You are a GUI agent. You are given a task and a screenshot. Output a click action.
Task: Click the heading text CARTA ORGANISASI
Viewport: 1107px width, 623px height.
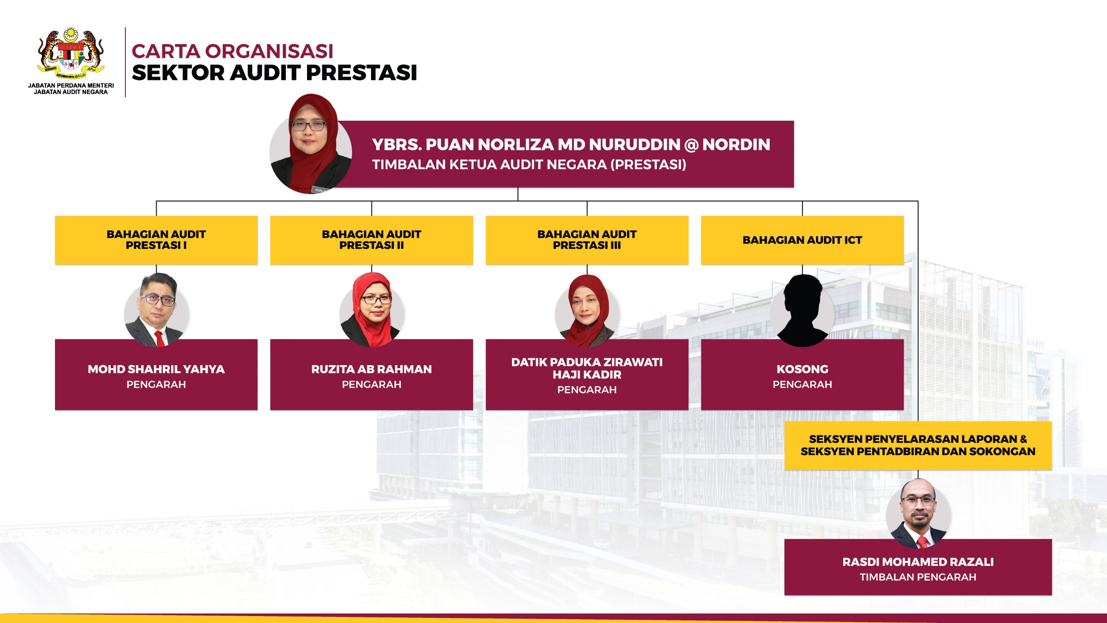[233, 51]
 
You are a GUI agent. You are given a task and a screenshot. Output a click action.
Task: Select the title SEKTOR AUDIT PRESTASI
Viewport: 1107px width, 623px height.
[275, 73]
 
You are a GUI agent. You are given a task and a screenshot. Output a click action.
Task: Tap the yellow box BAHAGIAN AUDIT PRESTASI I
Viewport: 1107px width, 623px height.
[156, 240]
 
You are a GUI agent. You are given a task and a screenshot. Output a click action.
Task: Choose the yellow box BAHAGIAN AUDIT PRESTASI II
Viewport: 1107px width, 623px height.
[371, 240]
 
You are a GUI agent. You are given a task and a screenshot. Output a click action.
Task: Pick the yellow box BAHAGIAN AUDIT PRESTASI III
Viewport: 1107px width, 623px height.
[587, 240]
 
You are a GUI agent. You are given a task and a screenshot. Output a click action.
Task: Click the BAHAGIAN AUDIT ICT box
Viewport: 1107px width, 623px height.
[802, 240]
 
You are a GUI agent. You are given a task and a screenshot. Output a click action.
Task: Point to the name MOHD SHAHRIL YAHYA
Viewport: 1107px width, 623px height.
[156, 369]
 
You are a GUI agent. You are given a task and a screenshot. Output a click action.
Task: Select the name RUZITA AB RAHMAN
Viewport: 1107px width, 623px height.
[371, 369]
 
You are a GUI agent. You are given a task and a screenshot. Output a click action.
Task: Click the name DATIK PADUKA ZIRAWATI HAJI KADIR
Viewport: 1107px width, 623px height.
[587, 368]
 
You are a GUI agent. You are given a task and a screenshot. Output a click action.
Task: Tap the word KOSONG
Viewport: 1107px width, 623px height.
[802, 369]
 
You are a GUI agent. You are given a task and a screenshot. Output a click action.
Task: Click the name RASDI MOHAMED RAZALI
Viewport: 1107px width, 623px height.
[918, 562]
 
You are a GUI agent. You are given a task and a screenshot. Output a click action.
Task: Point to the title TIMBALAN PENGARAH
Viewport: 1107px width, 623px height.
[918, 577]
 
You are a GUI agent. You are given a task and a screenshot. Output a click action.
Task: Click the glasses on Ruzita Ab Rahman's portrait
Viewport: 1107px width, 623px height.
[376, 299]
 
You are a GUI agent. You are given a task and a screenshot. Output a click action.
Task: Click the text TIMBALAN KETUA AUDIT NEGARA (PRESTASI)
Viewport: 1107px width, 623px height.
[529, 165]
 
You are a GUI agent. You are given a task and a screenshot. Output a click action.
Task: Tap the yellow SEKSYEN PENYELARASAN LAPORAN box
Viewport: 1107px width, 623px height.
[918, 446]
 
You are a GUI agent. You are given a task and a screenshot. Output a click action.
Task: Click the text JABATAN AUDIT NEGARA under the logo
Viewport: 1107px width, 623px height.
[71, 92]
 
